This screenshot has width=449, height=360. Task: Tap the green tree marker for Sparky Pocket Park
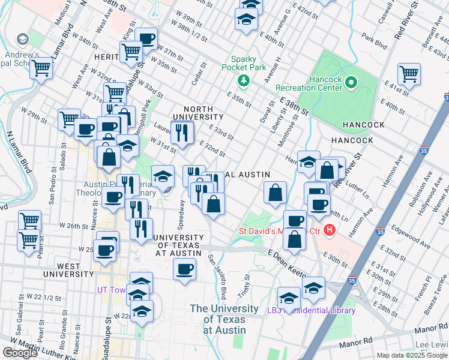[x=243, y=80]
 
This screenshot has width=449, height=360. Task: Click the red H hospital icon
[x=329, y=230]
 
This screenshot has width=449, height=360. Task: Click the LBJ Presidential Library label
[x=312, y=310]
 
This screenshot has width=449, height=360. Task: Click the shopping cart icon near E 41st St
[x=409, y=75]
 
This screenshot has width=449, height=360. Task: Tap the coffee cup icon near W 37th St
[x=146, y=39]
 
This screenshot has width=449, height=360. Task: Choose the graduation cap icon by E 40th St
[x=246, y=20]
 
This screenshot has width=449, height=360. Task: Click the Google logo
[x=20, y=353]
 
